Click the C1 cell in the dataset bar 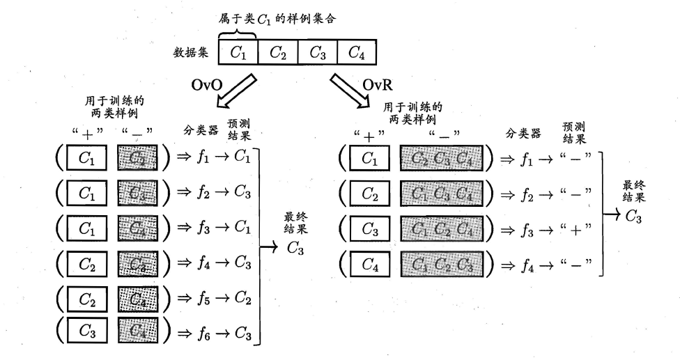coord(238,52)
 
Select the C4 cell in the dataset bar coord(356,52)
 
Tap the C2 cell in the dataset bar coord(277,52)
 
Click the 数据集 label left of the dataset coord(192,52)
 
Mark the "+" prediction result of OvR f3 coord(574,228)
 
